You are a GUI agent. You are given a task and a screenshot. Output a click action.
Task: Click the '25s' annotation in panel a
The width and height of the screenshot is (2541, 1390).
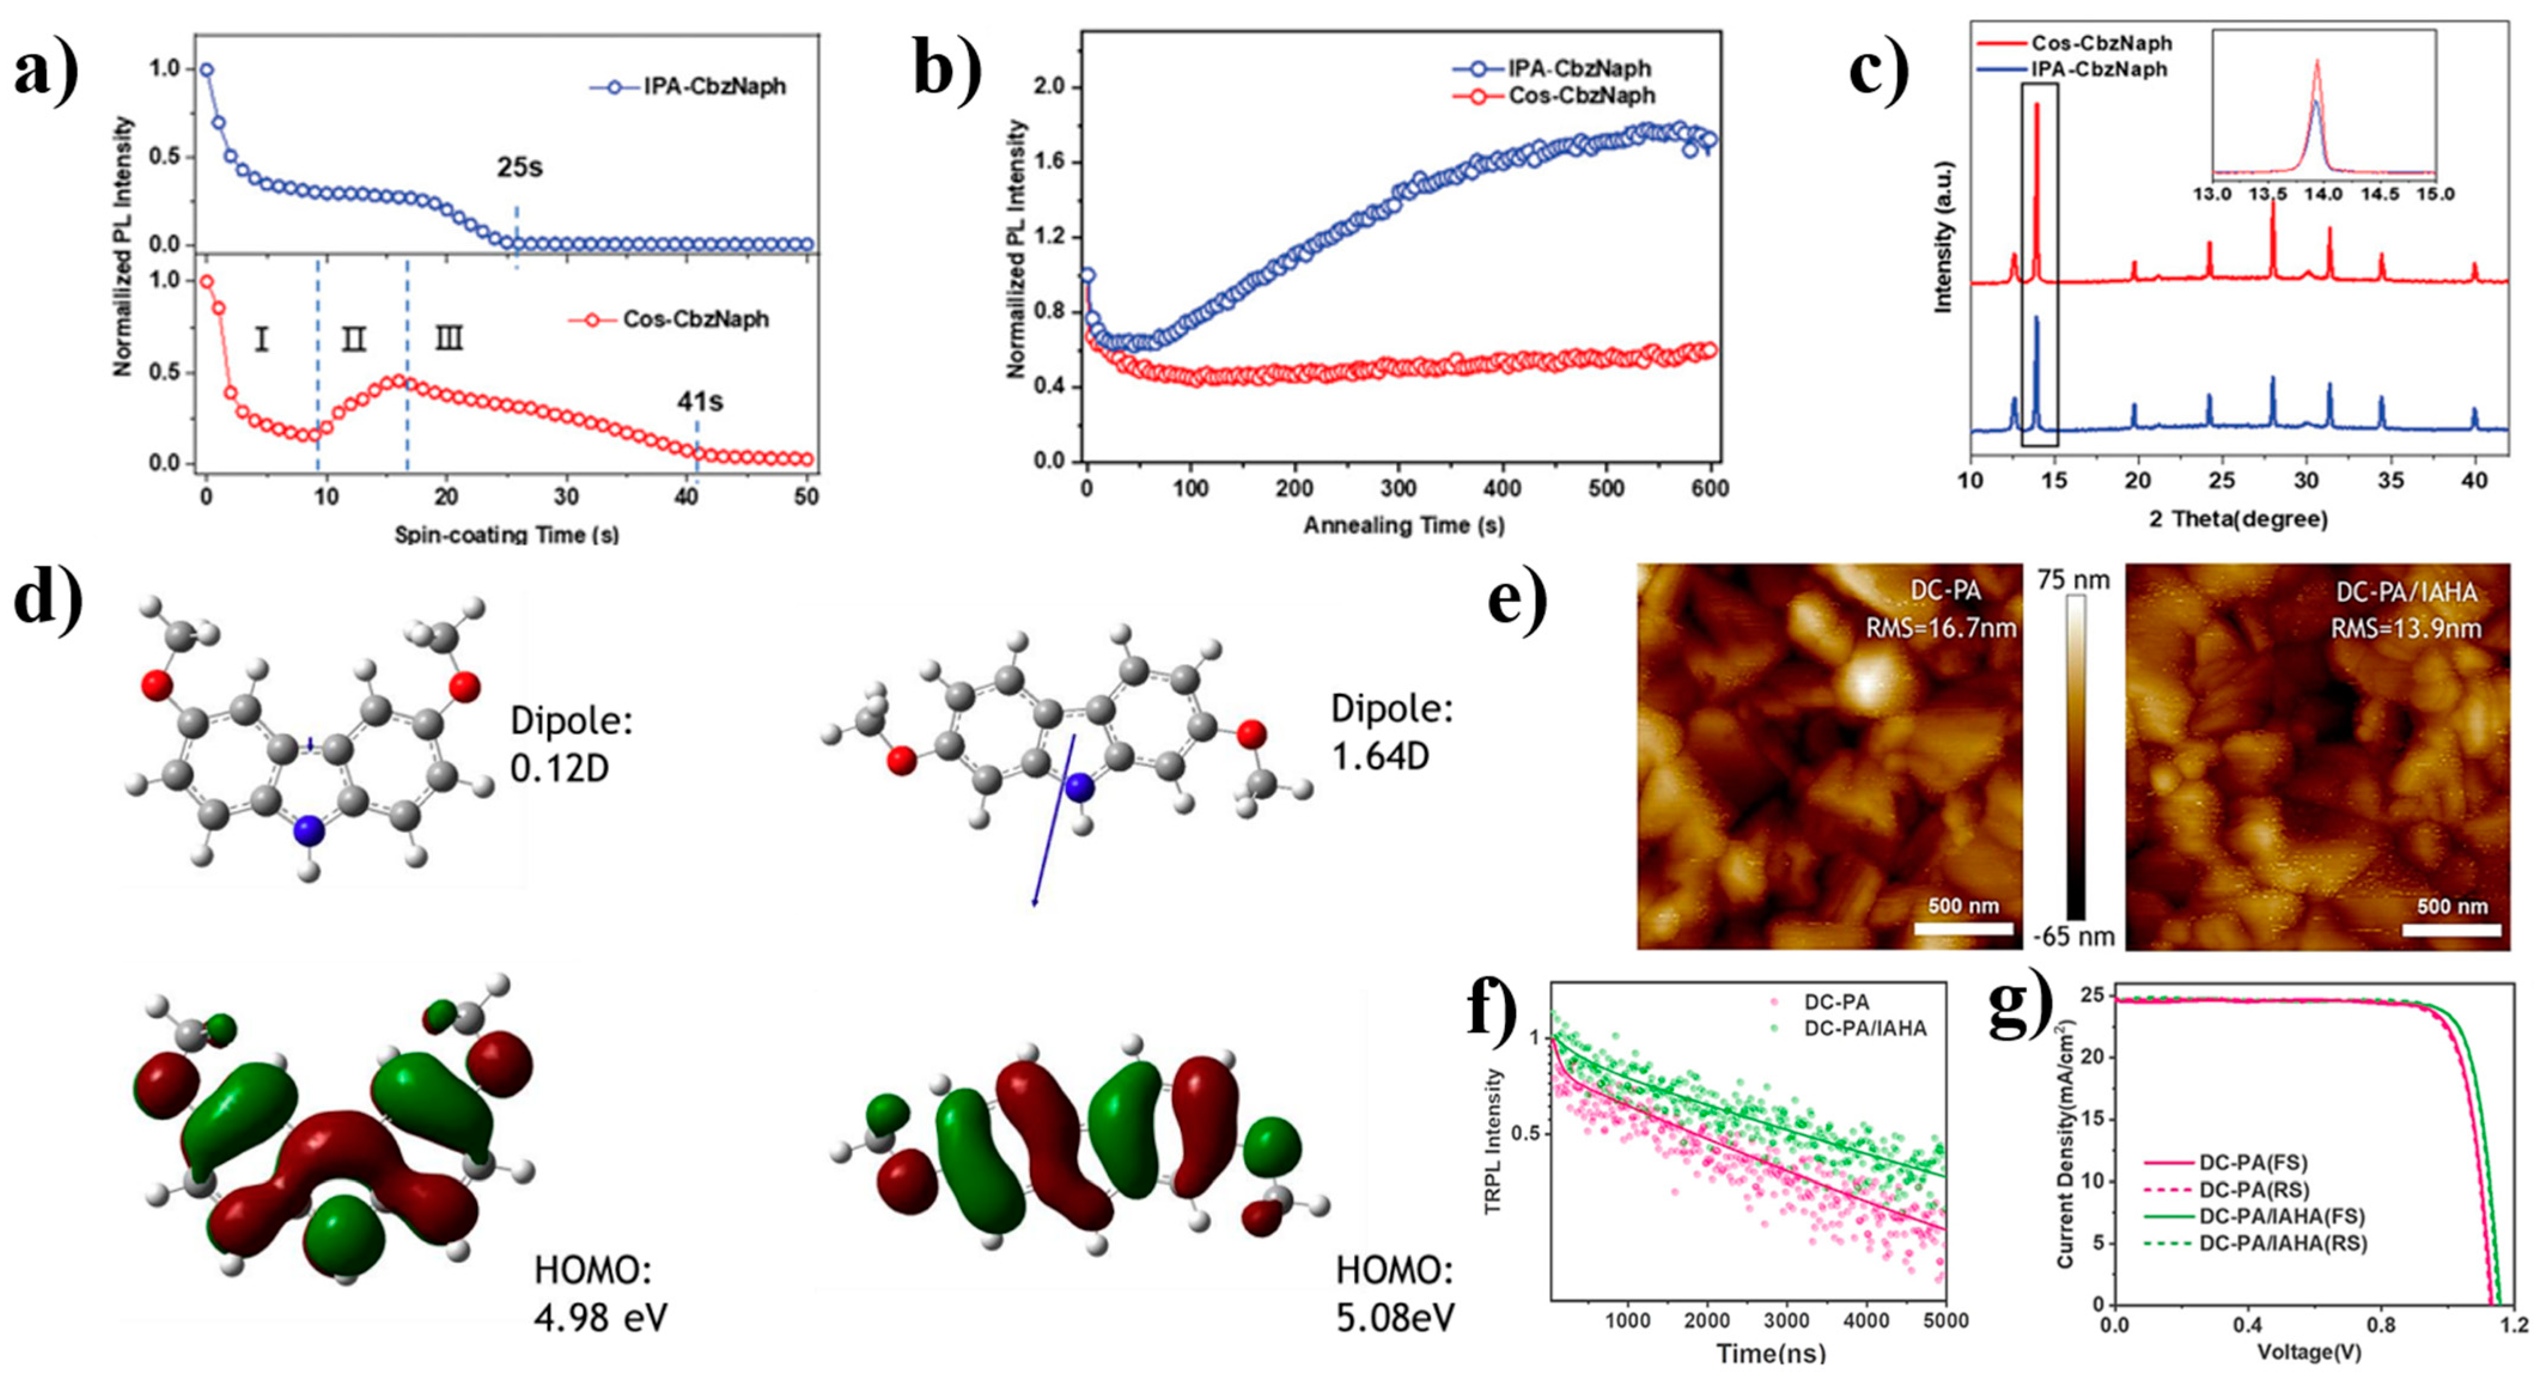[x=520, y=167]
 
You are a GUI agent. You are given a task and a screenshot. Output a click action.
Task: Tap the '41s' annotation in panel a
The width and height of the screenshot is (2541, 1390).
[x=699, y=401]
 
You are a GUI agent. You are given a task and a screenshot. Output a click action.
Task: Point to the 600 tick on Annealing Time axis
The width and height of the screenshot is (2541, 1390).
[x=1710, y=488]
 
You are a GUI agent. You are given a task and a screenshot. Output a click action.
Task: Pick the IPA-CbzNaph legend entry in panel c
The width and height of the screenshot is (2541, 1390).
[x=2099, y=69]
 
